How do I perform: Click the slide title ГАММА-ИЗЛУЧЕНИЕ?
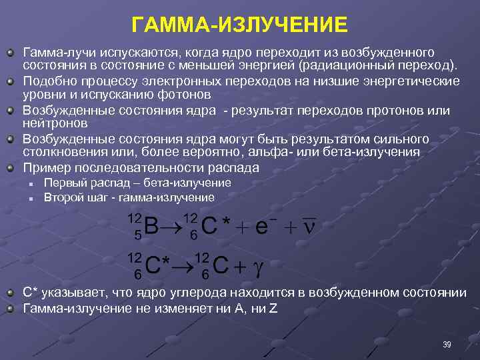click(x=239, y=25)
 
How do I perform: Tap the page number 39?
click(x=447, y=344)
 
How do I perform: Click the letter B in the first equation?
click(x=151, y=227)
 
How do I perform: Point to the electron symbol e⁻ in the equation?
click(x=262, y=227)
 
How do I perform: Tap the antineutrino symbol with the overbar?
click(x=308, y=225)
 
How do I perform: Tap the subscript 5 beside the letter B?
click(x=138, y=235)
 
